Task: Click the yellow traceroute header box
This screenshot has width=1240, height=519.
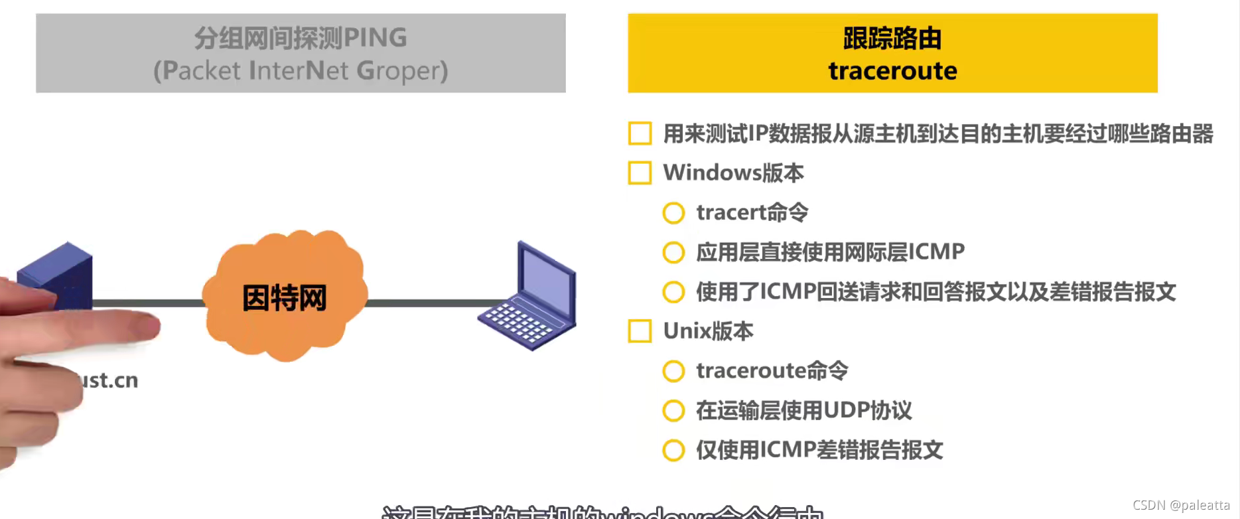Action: (892, 53)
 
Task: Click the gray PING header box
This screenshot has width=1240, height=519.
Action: (301, 53)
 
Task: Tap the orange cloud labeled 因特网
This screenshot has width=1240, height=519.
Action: (285, 297)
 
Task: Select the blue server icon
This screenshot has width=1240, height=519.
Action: (56, 272)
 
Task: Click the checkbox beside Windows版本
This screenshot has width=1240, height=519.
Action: (640, 173)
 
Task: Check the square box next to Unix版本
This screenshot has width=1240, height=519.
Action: (640, 331)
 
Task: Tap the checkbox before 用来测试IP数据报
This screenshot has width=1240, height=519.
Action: (640, 133)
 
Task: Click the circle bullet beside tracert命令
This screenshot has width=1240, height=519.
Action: (673, 213)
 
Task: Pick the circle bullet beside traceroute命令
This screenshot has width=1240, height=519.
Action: (673, 371)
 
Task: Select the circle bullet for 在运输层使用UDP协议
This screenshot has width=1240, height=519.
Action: (673, 411)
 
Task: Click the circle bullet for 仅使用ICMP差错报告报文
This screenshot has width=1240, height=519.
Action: (673, 450)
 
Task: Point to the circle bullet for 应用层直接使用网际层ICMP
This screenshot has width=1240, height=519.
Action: (673, 252)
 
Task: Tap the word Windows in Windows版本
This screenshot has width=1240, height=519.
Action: (712, 173)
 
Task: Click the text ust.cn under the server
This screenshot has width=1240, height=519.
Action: (110, 380)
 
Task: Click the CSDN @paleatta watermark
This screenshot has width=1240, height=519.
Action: (1181, 505)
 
